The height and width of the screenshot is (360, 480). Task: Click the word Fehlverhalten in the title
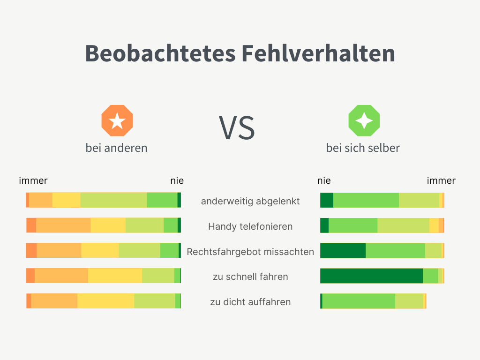318,53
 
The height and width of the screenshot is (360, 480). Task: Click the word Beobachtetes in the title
160,53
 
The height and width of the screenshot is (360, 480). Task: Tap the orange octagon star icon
117,121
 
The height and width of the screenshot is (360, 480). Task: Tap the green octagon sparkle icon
364,121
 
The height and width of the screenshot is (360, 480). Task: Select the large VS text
237,127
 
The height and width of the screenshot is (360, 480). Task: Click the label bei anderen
116,148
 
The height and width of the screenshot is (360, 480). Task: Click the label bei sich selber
363,148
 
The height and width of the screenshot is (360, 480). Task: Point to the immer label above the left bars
33,180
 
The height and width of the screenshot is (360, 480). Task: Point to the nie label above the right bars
324,180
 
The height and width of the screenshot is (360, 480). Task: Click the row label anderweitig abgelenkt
250,201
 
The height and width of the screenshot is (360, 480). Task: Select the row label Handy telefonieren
250,226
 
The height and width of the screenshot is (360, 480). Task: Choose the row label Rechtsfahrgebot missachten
250,252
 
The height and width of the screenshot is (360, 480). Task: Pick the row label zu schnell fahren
250,277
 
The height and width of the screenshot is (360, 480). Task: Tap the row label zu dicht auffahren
250,302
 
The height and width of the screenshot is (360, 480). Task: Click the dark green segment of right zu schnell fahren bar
371,276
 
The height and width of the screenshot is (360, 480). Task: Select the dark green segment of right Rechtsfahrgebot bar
343,250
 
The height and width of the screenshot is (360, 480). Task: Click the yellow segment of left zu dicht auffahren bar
105,301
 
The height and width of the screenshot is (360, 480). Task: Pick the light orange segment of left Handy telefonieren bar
63,225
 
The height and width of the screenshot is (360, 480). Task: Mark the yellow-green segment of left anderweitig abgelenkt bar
113,200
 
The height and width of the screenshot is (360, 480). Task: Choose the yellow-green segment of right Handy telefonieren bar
403,225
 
